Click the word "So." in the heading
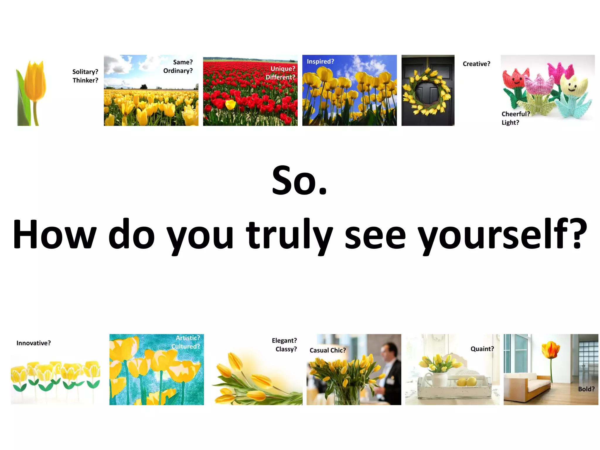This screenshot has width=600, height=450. coord(299,181)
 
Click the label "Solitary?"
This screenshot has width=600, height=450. coord(85,72)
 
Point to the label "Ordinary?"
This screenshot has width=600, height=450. coord(178,71)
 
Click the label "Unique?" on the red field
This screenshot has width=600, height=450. coord(283,69)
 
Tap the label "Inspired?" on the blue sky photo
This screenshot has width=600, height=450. coord(320,62)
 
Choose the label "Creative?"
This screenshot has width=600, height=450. coord(476,64)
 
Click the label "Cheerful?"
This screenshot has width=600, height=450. coord(516,114)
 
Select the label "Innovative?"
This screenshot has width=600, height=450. coord(33,343)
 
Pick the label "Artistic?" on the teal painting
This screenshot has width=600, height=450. coord(188,338)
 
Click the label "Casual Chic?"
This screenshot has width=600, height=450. coord(328,350)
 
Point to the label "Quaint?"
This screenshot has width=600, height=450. coord(482,349)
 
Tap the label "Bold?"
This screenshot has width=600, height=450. coord(586,389)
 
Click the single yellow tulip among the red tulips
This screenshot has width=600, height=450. coord(230,104)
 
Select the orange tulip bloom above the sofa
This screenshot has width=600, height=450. coord(551,350)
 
